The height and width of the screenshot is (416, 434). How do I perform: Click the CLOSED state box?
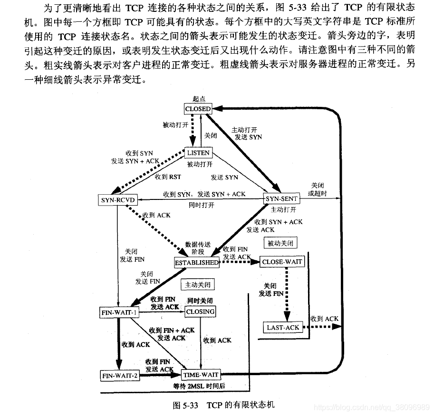pos(198,109)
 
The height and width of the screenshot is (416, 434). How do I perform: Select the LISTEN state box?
pos(198,153)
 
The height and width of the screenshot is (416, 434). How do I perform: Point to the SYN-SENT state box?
pos(281,199)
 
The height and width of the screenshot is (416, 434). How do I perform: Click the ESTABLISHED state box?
pos(197,262)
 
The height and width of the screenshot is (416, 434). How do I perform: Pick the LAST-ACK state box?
pos(282,327)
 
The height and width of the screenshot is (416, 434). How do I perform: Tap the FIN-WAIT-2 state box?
pos(120,376)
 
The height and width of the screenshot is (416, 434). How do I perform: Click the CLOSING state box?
pos(200,312)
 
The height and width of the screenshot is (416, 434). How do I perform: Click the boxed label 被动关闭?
pos(280,243)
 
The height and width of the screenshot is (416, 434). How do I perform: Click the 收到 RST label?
pos(168,177)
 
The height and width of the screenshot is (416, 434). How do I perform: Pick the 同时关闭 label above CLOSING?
pos(200,301)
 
